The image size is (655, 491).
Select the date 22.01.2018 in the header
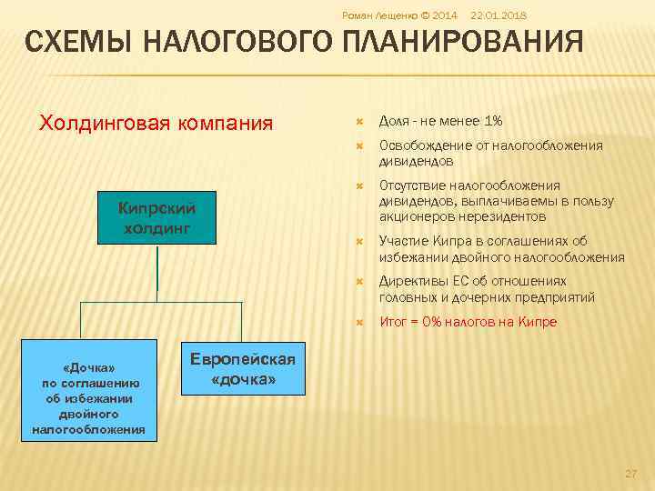499,15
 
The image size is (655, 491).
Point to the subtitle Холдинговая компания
156,122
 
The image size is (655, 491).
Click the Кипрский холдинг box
156,217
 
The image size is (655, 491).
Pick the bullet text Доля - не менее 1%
441,121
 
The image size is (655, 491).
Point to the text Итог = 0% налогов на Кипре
468,322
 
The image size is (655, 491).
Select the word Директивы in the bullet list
409,282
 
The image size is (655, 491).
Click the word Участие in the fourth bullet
403,241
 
